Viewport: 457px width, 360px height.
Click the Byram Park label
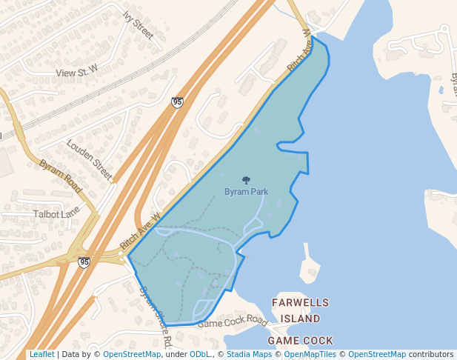tap(246, 192)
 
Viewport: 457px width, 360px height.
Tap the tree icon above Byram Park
tap(246, 179)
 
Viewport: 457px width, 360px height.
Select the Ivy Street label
tap(138, 25)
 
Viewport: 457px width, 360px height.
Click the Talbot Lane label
tap(56, 213)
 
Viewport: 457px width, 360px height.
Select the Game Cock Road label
tap(232, 321)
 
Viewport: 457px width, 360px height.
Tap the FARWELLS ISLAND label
tap(296, 310)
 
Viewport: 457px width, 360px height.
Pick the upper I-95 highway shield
tap(177, 102)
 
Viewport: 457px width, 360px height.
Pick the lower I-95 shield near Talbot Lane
tap(84, 262)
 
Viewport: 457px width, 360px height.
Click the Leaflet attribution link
tap(41, 354)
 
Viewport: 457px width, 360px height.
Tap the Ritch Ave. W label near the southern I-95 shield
tap(141, 231)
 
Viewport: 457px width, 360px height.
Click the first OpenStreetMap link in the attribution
tap(132, 354)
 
